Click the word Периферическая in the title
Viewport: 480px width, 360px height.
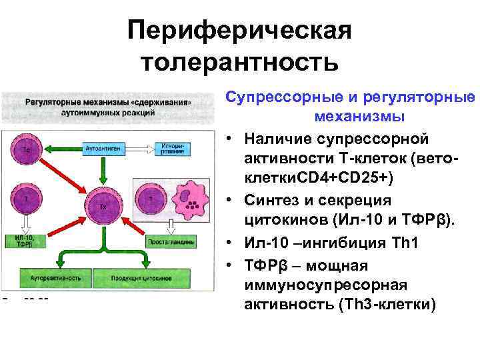click(x=239, y=30)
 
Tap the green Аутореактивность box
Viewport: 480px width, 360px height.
click(x=53, y=275)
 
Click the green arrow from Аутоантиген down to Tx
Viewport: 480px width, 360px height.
click(x=103, y=170)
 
